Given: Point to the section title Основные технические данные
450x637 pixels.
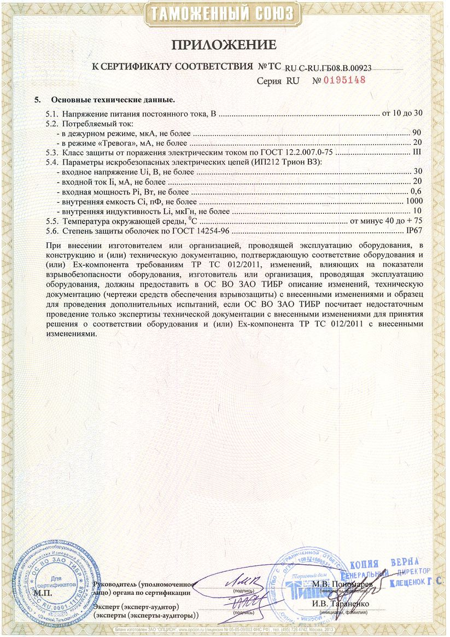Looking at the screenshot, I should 113,100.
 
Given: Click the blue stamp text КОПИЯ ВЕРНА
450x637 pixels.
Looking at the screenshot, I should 385,564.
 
